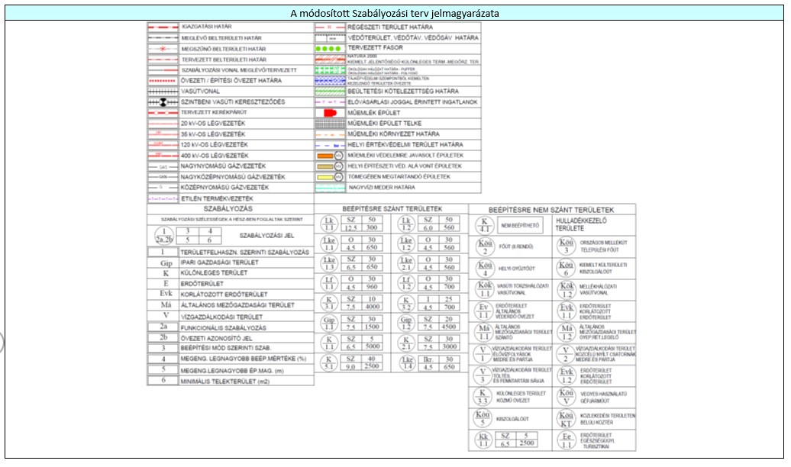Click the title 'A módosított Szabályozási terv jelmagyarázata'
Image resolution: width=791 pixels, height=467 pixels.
point(395,14)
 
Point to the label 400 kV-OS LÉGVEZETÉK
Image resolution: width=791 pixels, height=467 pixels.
point(215,155)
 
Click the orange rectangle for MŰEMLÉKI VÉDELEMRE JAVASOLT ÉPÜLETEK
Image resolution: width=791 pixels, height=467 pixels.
point(326,155)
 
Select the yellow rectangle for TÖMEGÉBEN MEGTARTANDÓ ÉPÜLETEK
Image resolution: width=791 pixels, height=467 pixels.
point(326,176)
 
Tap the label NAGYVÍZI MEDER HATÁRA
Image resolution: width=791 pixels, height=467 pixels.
point(382,187)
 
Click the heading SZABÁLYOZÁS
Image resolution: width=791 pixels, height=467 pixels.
point(229,208)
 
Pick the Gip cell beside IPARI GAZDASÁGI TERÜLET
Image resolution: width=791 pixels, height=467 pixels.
point(162,262)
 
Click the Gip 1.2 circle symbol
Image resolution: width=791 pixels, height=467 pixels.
point(405,324)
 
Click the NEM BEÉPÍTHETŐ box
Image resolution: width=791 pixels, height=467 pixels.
point(521,226)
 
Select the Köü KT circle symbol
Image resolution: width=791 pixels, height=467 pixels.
point(565,418)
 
